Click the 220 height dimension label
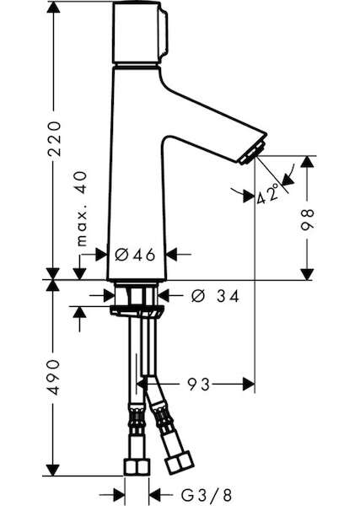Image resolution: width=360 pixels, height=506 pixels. click(x=54, y=139)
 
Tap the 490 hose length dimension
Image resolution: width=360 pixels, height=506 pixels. click(x=54, y=378)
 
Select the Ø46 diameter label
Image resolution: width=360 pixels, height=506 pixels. click(x=135, y=255)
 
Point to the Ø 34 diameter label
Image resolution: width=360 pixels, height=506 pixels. click(x=215, y=296)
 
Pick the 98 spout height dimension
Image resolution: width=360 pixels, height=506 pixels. click(x=307, y=220)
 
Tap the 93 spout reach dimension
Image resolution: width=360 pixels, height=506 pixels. click(x=199, y=384)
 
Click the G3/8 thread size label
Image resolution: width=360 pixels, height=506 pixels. click(x=206, y=494)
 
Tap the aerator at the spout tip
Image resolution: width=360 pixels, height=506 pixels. click(x=253, y=152)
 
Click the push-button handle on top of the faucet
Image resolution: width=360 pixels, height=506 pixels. click(x=140, y=32)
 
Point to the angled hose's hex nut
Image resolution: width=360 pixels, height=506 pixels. click(x=179, y=462)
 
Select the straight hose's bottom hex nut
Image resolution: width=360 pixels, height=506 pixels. click(x=137, y=467)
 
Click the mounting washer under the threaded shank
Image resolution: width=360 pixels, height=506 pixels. click(x=137, y=310)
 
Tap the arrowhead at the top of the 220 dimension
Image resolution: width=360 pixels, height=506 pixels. click(x=53, y=8)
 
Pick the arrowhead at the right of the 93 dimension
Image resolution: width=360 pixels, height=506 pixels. click(x=249, y=384)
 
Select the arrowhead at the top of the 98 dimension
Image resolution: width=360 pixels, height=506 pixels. click(x=307, y=162)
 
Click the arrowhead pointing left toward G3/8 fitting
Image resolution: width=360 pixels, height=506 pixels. click(x=155, y=494)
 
